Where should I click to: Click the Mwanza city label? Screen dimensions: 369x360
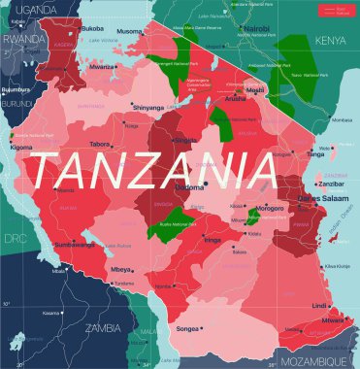click(x=102, y=68)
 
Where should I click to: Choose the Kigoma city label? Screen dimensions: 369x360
click(x=21, y=147)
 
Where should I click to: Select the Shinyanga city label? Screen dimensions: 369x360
click(x=148, y=107)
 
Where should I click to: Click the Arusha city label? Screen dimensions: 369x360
click(x=235, y=98)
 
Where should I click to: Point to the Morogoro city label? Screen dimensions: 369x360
click(x=270, y=207)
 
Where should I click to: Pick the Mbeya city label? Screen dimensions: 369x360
click(x=121, y=269)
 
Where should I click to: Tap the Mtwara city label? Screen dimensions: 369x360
click(x=333, y=319)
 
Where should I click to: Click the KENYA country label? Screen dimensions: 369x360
click(x=330, y=41)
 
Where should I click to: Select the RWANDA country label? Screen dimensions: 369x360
click(x=22, y=40)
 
